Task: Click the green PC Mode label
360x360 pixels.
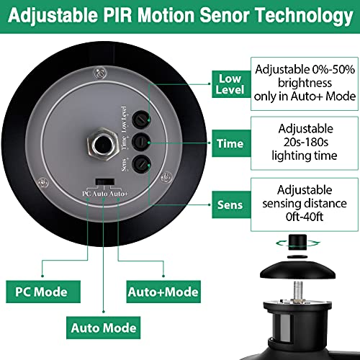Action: point(43,292)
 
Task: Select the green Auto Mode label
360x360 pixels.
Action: point(104,328)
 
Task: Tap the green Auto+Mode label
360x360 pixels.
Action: point(163,292)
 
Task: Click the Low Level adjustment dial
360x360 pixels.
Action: point(141,120)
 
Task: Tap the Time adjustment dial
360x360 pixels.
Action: point(141,142)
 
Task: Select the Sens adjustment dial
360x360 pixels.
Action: point(141,164)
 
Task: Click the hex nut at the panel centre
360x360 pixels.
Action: point(103,145)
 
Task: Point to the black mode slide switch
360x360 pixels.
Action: point(105,181)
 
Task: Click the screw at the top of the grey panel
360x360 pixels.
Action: point(100,73)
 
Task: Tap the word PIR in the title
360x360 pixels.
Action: point(118,16)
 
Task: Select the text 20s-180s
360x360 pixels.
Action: point(305,142)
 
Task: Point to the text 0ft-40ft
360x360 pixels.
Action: point(305,217)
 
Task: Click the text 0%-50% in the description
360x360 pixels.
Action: point(333,70)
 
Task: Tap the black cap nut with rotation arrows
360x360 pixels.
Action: point(297,243)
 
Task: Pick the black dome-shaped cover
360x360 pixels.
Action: point(297,270)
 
